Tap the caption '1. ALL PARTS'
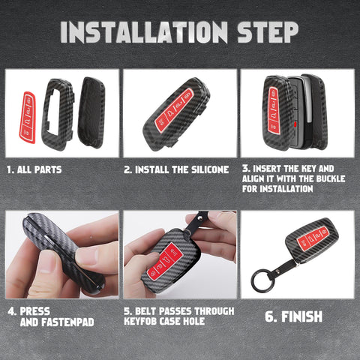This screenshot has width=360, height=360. (x=34, y=169)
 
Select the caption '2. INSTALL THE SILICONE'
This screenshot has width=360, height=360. (x=176, y=169)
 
